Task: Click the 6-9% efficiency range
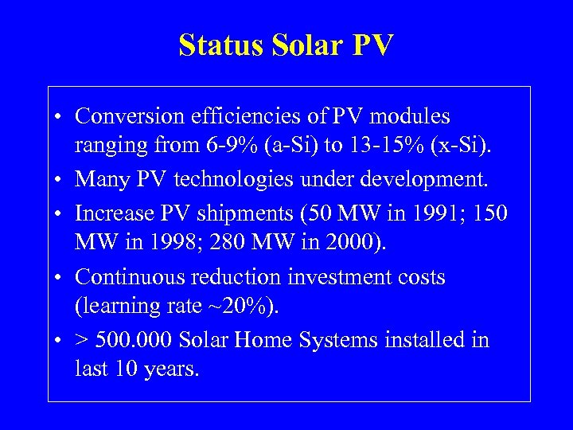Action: click(226, 147)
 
